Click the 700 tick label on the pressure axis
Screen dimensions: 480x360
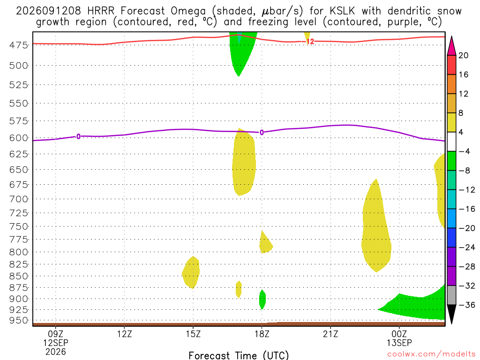[x=18, y=199]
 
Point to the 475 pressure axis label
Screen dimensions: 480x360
[x=18, y=45]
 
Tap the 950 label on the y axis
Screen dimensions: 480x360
[x=18, y=321]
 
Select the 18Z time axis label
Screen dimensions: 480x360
[x=262, y=334]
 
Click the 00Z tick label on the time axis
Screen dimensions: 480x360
[x=399, y=334]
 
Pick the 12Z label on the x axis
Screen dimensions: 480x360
[x=124, y=334]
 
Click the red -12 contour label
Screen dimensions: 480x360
[x=310, y=42]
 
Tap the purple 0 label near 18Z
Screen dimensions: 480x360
[x=262, y=133]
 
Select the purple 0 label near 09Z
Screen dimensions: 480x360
[x=78, y=136]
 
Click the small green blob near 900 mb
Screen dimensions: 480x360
[x=262, y=300]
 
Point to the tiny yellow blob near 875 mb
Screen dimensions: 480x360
[x=239, y=289]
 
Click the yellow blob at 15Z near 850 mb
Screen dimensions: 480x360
[x=191, y=272]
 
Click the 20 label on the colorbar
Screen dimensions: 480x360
[x=464, y=55]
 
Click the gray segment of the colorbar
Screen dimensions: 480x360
[x=451, y=295]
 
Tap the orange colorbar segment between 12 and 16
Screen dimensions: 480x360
[x=451, y=84]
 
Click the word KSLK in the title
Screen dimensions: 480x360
[x=342, y=11]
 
